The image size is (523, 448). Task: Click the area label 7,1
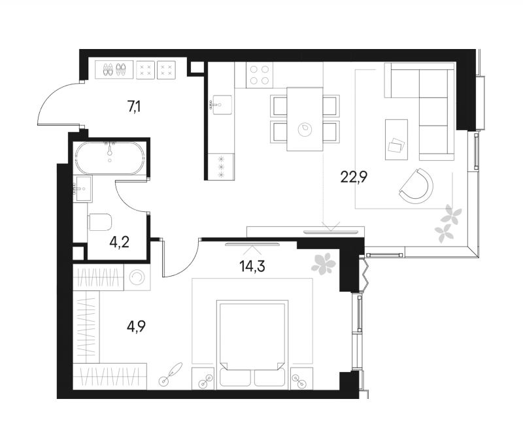(x=134, y=107)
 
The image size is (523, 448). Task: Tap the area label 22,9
(x=354, y=177)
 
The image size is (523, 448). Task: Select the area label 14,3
(x=252, y=266)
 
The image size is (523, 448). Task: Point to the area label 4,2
(x=119, y=242)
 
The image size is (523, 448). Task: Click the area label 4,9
(x=136, y=326)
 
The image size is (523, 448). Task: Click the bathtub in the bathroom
(x=110, y=158)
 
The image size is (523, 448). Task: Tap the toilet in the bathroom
(x=100, y=222)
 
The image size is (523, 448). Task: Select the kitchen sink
(x=220, y=105)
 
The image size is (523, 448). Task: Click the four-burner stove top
(x=260, y=75)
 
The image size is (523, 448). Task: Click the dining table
(x=305, y=119)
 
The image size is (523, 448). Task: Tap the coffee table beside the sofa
(x=396, y=139)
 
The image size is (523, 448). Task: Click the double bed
(x=252, y=345)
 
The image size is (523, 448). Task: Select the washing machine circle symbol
(x=137, y=277)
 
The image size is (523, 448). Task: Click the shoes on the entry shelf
(x=114, y=69)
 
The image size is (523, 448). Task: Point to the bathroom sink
(x=83, y=188)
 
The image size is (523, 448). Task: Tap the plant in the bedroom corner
(x=323, y=264)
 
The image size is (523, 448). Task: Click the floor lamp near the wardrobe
(x=171, y=374)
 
